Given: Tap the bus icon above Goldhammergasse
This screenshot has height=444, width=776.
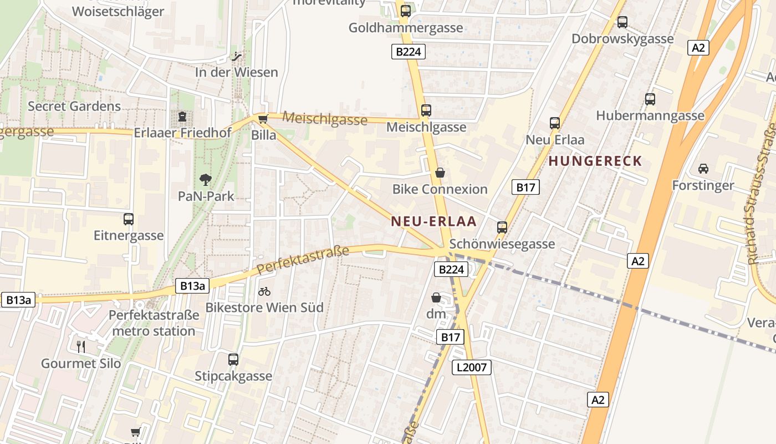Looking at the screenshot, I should (x=405, y=11).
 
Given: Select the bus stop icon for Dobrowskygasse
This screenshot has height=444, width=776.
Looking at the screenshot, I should (x=622, y=22).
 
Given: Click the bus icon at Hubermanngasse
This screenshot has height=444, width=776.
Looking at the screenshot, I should (x=650, y=99).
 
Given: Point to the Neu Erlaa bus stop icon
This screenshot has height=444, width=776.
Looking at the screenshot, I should (x=555, y=123).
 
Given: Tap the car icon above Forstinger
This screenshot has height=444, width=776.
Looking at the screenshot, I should (x=703, y=169).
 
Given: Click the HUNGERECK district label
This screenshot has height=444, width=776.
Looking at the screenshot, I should (x=595, y=162).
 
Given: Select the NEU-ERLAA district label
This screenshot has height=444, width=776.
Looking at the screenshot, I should (x=433, y=221).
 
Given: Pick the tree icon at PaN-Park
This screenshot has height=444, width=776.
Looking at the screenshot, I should (x=206, y=179).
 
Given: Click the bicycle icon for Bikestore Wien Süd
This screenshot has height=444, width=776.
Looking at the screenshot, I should (x=264, y=291).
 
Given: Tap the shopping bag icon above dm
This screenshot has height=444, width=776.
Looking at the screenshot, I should (x=436, y=298).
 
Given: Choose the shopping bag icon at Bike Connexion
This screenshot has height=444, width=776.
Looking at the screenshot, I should (x=440, y=173).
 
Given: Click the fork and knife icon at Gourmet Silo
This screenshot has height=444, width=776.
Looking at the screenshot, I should (x=81, y=347).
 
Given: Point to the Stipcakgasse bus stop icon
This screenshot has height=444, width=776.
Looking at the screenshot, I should (x=233, y=360).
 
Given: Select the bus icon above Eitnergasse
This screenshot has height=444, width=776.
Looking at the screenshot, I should (x=129, y=219).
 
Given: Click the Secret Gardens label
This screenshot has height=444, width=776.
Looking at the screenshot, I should (x=74, y=106).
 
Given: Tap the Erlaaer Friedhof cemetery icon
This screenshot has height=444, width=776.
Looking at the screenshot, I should (x=182, y=117).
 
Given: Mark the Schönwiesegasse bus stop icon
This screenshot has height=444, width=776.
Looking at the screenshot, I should (x=502, y=228).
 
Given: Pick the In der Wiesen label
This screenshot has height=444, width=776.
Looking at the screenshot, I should (x=236, y=72).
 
